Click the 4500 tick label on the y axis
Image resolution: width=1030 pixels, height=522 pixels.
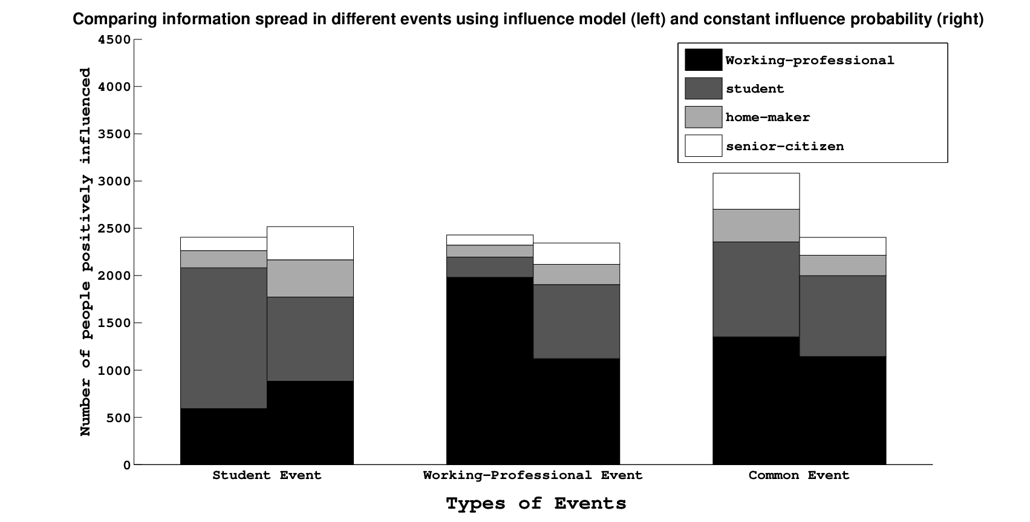pyautogui.click(x=114, y=40)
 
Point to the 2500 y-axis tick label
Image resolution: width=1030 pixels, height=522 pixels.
pyautogui.click(x=114, y=229)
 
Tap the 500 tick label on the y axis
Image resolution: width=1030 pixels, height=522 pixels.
pyautogui.click(x=119, y=418)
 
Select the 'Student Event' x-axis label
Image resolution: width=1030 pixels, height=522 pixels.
pyautogui.click(x=267, y=475)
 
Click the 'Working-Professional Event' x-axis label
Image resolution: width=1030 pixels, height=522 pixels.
pyautogui.click(x=533, y=475)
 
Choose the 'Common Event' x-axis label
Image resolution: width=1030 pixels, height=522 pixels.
pyautogui.click(x=799, y=475)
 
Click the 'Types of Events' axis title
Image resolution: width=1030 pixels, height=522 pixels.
pyautogui.click(x=536, y=504)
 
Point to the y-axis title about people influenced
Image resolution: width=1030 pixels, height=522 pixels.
pyautogui.click(x=85, y=252)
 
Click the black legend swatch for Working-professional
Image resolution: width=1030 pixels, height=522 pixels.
pyautogui.click(x=703, y=60)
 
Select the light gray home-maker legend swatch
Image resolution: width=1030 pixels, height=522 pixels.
pyautogui.click(x=703, y=117)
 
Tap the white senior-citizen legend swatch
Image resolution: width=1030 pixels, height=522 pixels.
pyautogui.click(x=703, y=146)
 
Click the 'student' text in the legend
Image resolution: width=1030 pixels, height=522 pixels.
pyautogui.click(x=755, y=89)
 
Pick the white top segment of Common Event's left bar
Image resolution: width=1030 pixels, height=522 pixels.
pyautogui.click(x=756, y=191)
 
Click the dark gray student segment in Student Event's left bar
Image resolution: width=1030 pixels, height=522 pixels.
pyautogui.click(x=223, y=338)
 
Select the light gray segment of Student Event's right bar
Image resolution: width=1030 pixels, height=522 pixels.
pyautogui.click(x=310, y=279)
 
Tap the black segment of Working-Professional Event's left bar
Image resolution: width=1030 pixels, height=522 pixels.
pyautogui.click(x=490, y=371)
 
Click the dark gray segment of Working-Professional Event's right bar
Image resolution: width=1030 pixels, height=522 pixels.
pyautogui.click(x=576, y=322)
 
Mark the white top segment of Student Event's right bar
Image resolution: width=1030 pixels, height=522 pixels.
pyautogui.click(x=310, y=243)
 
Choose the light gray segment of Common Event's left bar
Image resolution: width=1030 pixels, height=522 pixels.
pyautogui.click(x=756, y=225)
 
